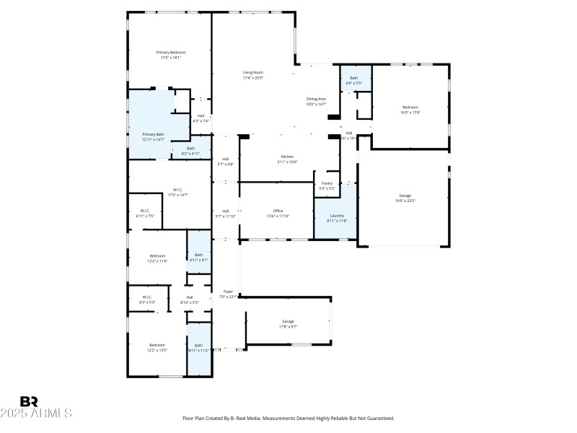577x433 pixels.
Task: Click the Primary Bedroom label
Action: (171, 53)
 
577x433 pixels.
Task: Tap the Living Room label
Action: (252, 73)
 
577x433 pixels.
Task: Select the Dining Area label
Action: (317, 99)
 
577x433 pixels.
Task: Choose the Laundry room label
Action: (337, 216)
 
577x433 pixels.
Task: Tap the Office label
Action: (278, 211)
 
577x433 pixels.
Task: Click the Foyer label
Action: (228, 292)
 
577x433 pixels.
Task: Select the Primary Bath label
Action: (153, 134)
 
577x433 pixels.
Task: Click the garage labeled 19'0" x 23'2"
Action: (405, 196)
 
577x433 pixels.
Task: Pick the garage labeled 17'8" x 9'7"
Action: (288, 321)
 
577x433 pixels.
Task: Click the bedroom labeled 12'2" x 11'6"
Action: (157, 255)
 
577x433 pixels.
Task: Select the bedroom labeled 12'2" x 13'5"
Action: (157, 346)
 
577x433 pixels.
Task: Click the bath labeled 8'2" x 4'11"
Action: (190, 149)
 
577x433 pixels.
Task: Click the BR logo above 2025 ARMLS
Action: (29, 401)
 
